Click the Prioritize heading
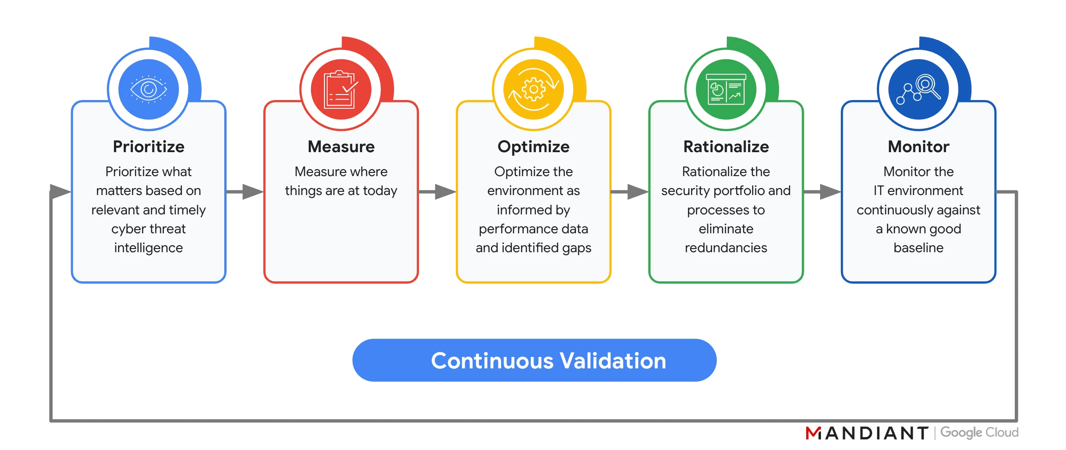(149, 147)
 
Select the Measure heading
(341, 147)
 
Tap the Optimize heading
(533, 147)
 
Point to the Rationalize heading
(726, 147)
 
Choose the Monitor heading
(918, 147)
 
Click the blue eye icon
(149, 89)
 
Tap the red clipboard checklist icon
(341, 89)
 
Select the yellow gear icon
(533, 89)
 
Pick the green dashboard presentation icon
(726, 89)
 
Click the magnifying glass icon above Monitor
(918, 89)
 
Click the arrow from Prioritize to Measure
(245, 192)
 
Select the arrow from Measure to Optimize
(437, 192)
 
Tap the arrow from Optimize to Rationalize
(629, 192)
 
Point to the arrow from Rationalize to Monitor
(822, 192)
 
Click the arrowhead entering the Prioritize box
(60, 191)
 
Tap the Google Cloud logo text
(979, 432)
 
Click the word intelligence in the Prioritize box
(149, 248)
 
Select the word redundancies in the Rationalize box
(726, 248)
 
